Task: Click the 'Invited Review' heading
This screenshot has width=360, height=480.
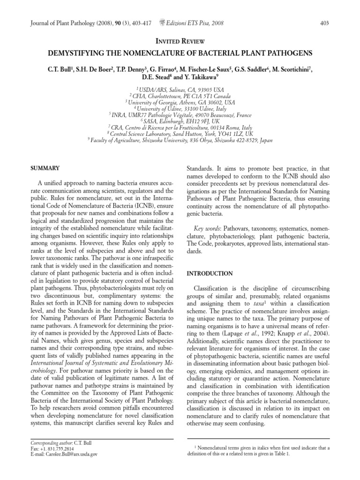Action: coord(180,42)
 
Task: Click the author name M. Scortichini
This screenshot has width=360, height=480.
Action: coord(291,69)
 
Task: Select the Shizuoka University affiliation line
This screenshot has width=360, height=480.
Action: coord(180,140)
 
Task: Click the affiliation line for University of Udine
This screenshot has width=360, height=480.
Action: coord(180,108)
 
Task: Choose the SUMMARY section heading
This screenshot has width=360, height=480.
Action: coord(44,168)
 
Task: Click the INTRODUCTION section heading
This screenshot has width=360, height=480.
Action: coord(210,273)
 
